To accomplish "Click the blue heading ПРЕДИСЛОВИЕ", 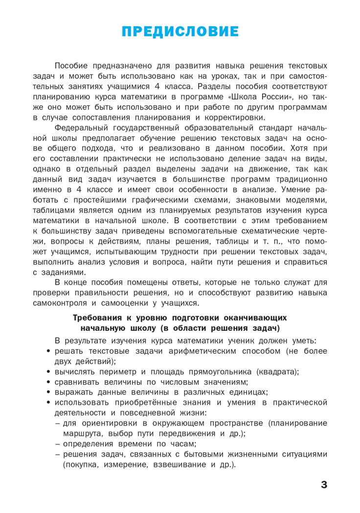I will click(x=180, y=32).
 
